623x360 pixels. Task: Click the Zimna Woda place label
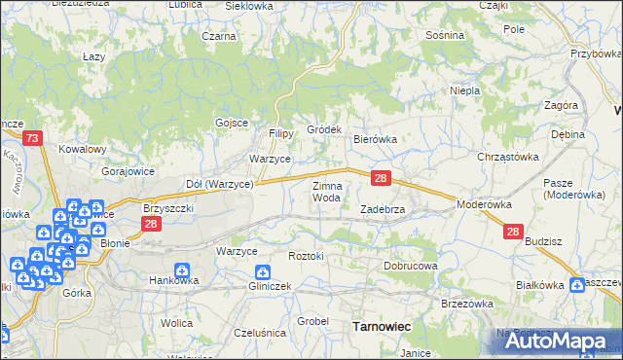point(326,191)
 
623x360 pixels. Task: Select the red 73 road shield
point(33,140)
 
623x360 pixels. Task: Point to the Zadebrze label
point(388,209)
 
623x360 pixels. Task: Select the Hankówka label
point(173,280)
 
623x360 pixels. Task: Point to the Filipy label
point(281,133)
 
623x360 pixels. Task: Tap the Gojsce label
point(232,123)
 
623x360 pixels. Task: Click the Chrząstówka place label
point(507,157)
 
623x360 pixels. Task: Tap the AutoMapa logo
point(556,341)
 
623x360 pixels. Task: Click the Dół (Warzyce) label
point(219,183)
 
